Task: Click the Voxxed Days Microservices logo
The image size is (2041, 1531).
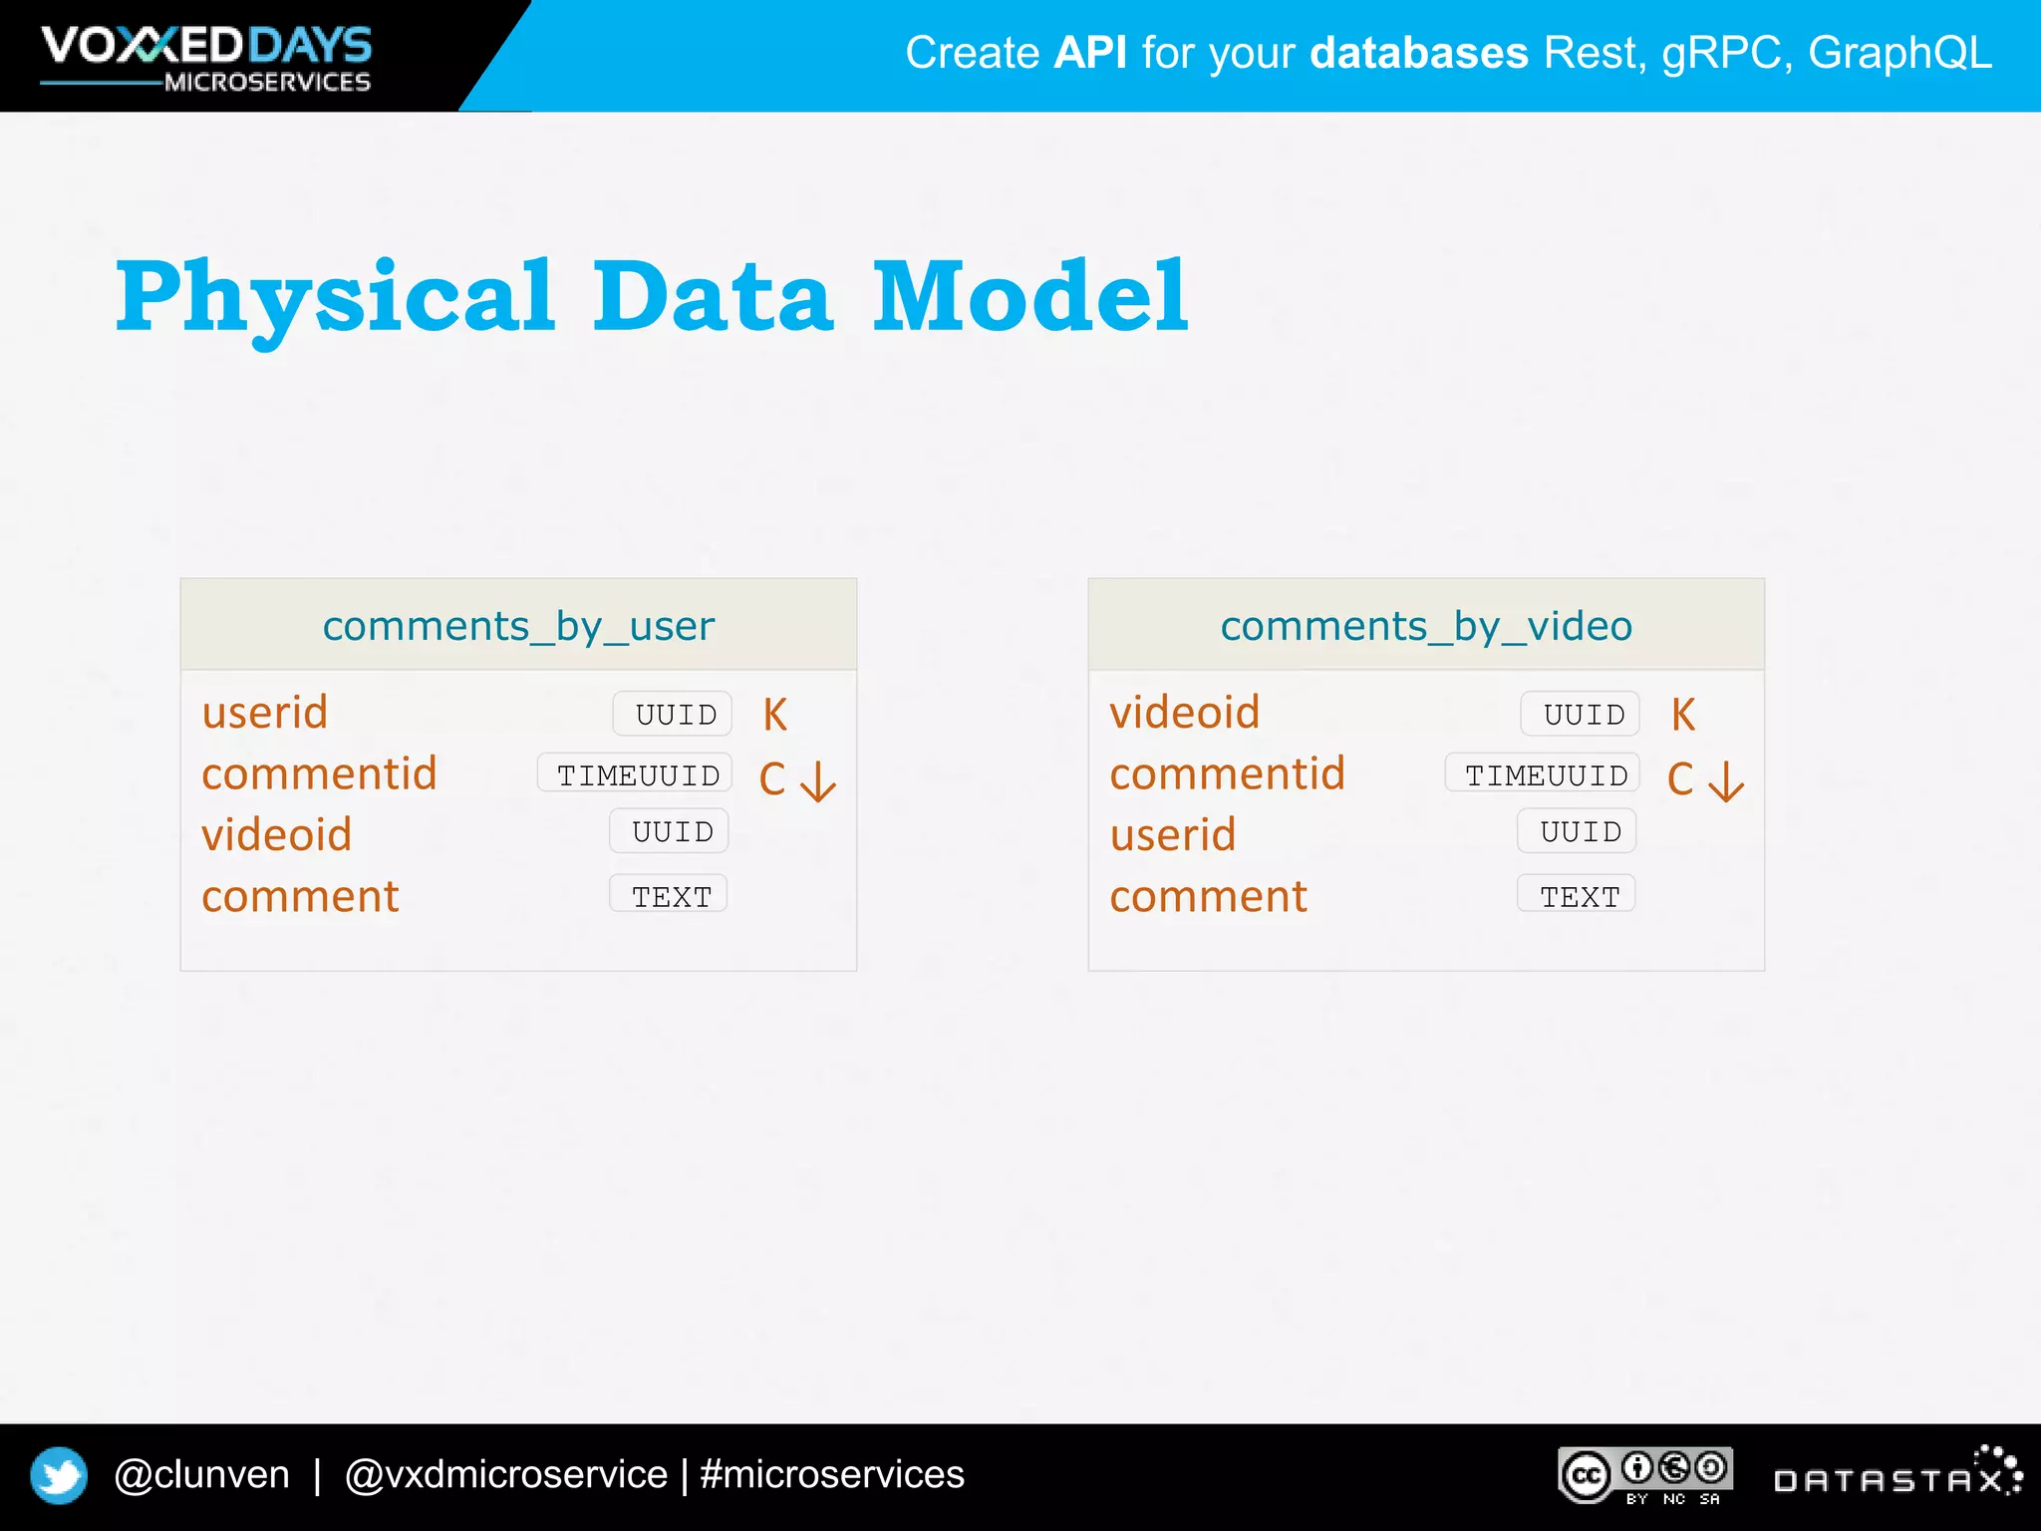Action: pos(206,58)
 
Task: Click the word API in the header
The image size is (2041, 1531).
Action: pos(1090,53)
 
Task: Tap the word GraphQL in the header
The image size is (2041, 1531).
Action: pos(1899,53)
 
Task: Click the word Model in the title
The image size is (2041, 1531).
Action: pos(1030,296)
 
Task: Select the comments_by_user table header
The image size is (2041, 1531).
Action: pos(518,626)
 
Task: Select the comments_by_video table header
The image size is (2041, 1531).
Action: pos(1426,626)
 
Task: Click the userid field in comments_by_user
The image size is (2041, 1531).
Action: pos(265,713)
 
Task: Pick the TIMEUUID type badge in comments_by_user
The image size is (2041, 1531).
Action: pos(636,774)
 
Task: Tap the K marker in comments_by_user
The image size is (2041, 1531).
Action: pos(775,715)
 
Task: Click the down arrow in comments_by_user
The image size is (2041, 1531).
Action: pos(818,781)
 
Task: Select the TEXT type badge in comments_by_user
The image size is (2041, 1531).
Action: pos(670,895)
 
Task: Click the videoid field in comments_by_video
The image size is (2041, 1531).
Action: pos(1185,713)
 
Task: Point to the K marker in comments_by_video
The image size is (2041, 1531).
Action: pos(1683,715)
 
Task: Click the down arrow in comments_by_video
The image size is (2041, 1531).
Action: pos(1726,781)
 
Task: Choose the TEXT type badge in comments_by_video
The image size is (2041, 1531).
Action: pos(1578,895)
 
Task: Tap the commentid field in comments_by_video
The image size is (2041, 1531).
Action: pos(1228,774)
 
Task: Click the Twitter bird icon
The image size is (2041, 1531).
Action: pos(59,1475)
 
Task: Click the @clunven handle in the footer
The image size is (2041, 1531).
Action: pos(202,1474)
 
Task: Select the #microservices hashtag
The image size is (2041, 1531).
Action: pos(832,1474)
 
